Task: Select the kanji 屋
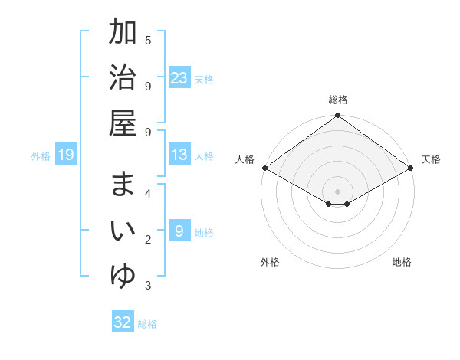coord(123,122)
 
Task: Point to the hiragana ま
coord(123,185)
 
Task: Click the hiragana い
coord(123,230)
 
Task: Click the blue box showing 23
coord(179,77)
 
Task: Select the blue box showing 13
coord(179,155)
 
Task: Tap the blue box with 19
coord(65,155)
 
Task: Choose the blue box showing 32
coord(123,322)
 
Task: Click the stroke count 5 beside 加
coord(148,40)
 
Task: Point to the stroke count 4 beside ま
coord(148,193)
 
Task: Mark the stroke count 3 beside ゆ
coord(148,286)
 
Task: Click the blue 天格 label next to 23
coord(204,79)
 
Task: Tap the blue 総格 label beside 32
coord(147,324)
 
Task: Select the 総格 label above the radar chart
coord(338,100)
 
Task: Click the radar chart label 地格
coord(402,262)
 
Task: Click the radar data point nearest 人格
coord(264,168)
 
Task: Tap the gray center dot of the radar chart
coord(338,190)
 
